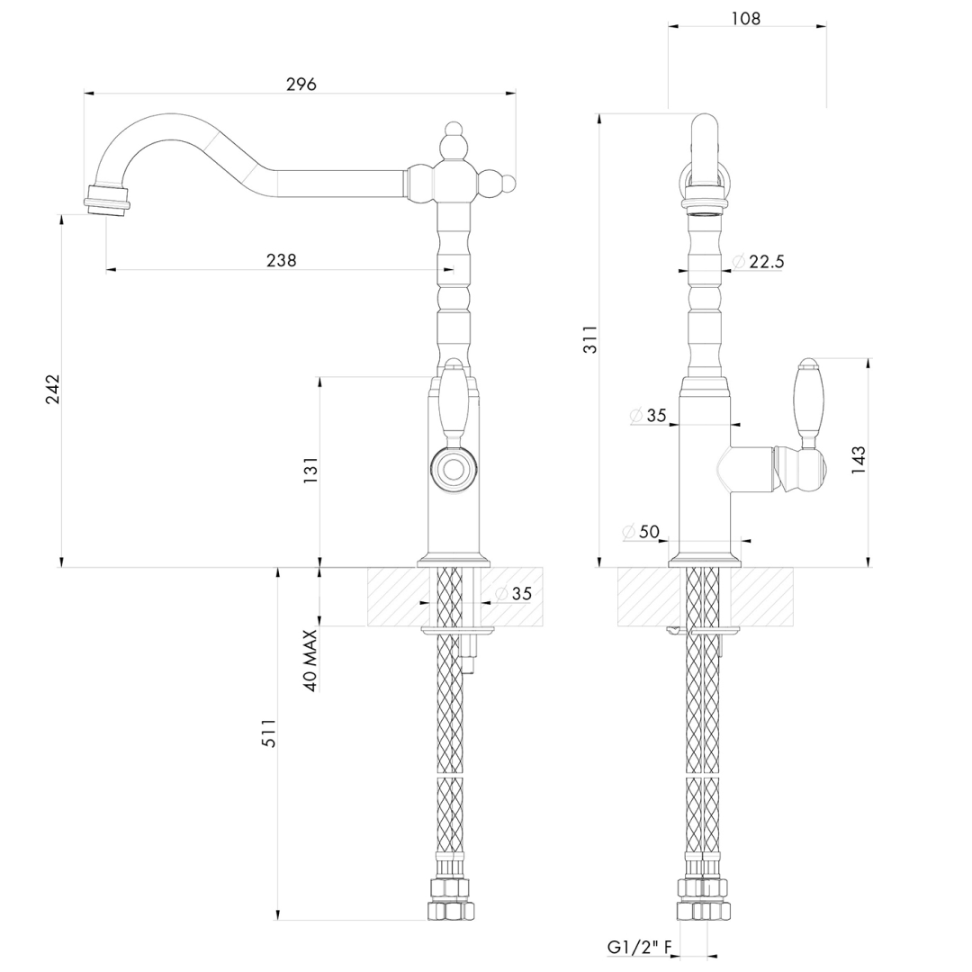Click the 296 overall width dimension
coord(301,84)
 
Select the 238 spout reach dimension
coord(281,260)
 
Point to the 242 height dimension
coord(52,388)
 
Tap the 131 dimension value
coord(310,471)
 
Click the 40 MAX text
coord(310,660)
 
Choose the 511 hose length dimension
coord(268,733)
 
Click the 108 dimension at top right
coord(745,18)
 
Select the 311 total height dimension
coord(589,338)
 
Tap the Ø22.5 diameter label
coord(759,262)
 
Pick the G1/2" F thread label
coord(639,947)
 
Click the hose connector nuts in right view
coord(703,900)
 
